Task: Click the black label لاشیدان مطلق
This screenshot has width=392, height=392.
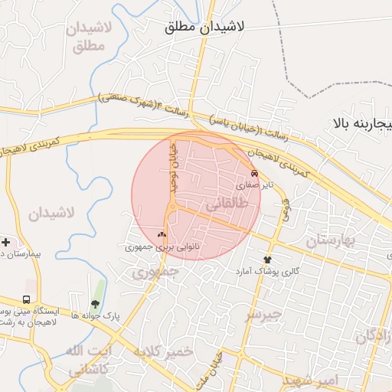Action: (204, 27)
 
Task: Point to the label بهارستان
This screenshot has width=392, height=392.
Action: (332, 241)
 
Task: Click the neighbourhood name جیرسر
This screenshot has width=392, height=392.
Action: (263, 314)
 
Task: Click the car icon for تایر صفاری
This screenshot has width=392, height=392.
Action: (254, 173)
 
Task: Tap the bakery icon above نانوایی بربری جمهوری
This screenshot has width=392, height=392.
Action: (162, 235)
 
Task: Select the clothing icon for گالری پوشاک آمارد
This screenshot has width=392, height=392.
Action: (267, 260)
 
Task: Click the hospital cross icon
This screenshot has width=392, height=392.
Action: (6, 242)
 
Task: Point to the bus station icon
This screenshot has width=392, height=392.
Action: (27, 299)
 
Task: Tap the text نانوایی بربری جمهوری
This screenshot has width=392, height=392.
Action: (156, 247)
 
